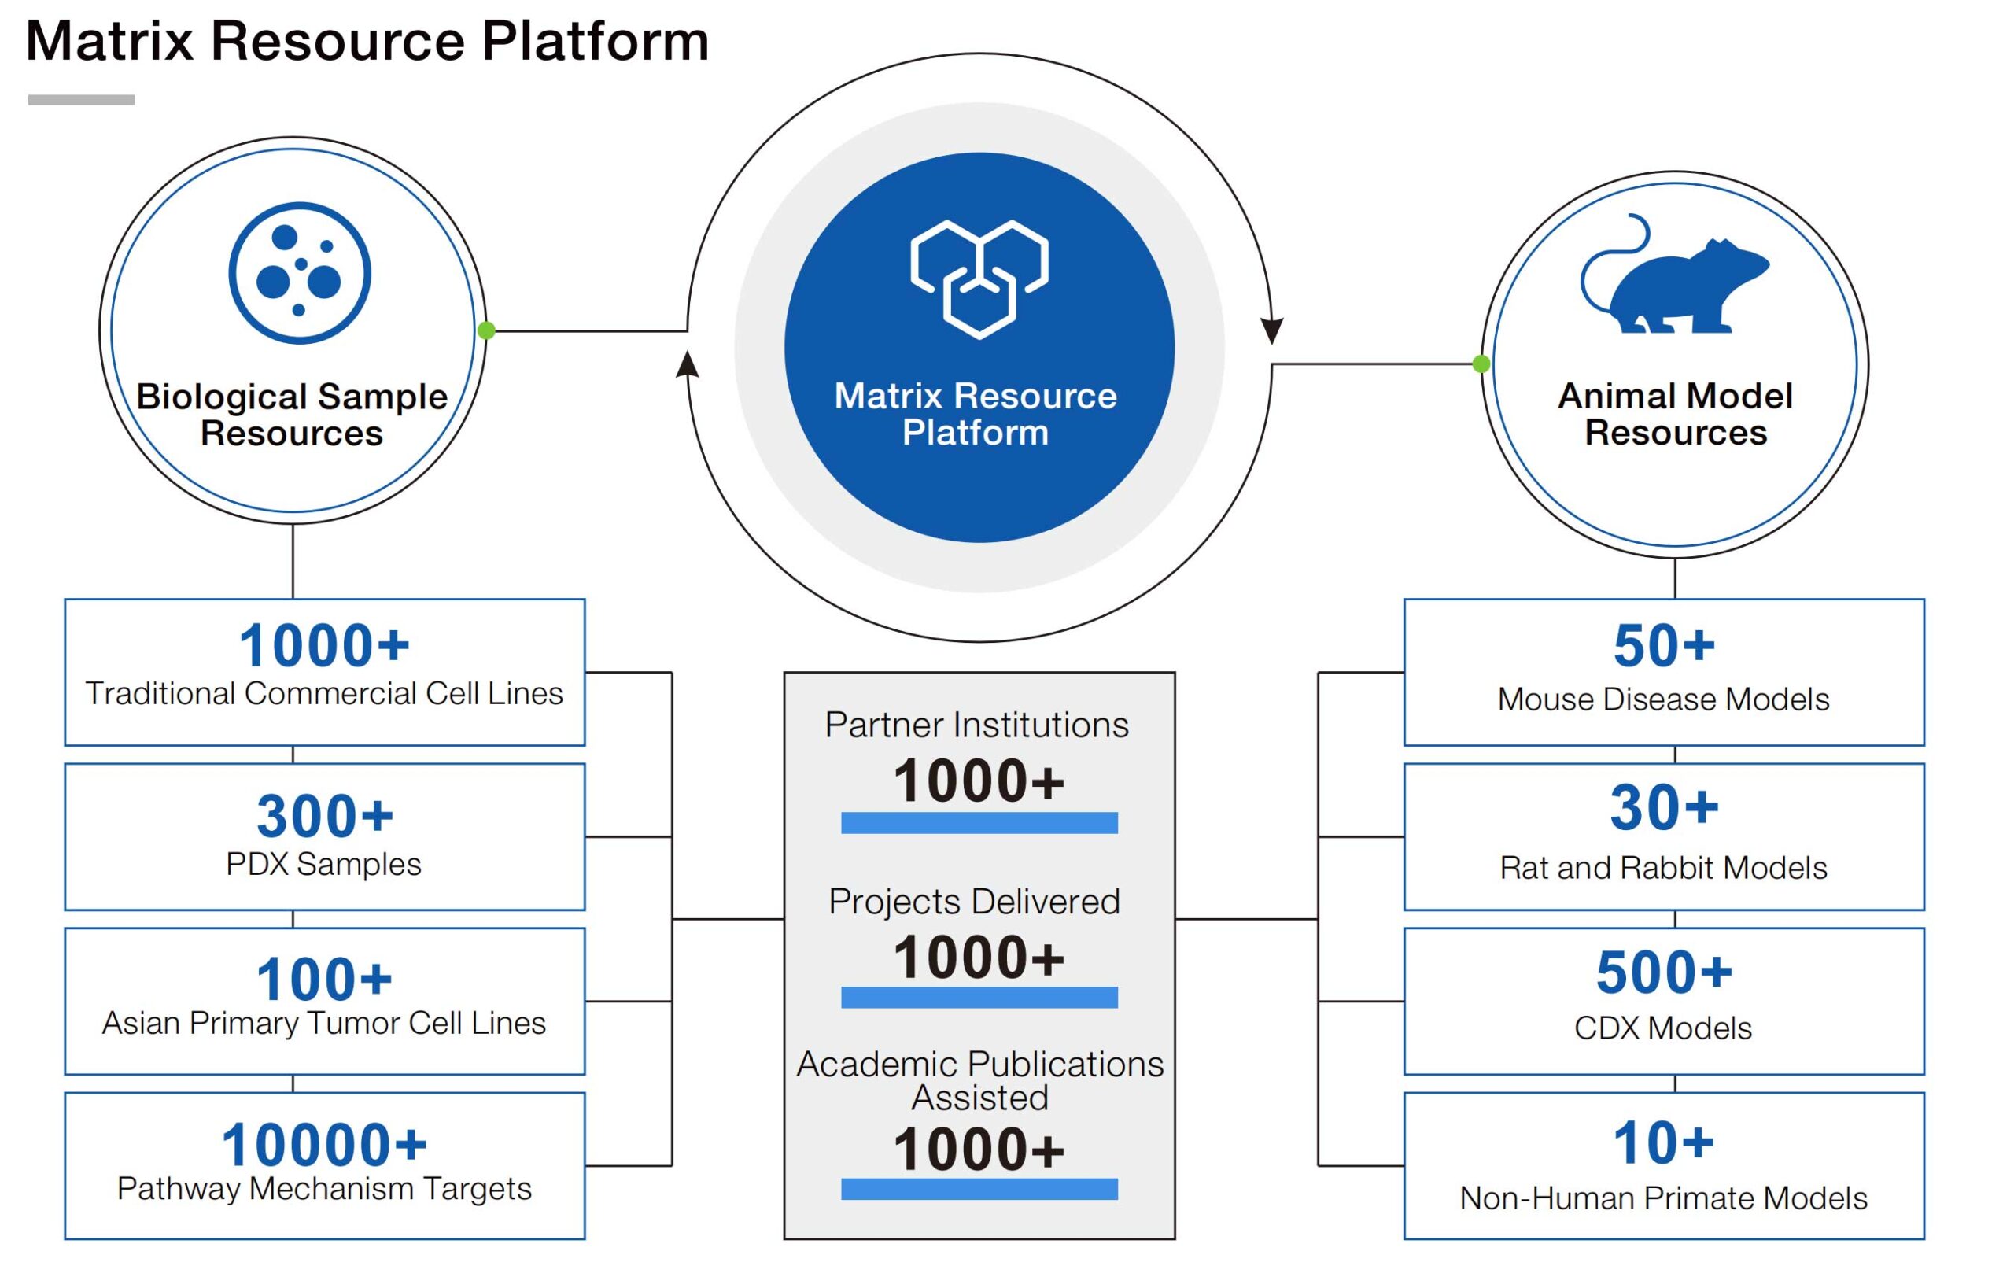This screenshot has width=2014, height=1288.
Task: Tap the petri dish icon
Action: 300,273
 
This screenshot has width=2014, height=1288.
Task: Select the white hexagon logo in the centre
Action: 979,279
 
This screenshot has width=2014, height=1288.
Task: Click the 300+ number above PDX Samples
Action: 324,816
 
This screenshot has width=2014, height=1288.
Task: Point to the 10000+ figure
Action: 324,1145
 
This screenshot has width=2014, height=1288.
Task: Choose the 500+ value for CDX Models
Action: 1664,972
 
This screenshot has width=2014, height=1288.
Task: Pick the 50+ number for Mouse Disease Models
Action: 1664,646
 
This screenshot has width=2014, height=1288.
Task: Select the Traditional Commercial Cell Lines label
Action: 324,693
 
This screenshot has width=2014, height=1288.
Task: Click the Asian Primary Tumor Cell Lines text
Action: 324,1023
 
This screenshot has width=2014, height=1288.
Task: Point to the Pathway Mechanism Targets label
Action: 324,1189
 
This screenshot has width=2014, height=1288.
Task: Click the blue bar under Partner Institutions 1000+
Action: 979,823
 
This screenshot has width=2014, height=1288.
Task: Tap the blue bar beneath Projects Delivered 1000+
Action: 979,997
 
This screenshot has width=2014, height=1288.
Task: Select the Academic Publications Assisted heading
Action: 979,1080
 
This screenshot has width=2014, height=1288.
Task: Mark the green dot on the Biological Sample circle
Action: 486,330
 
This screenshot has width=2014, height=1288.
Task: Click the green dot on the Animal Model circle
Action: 1481,364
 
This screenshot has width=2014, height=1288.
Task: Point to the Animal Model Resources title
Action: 1675,414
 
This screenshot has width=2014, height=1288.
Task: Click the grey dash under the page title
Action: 81,99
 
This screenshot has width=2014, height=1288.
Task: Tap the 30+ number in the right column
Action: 1664,808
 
